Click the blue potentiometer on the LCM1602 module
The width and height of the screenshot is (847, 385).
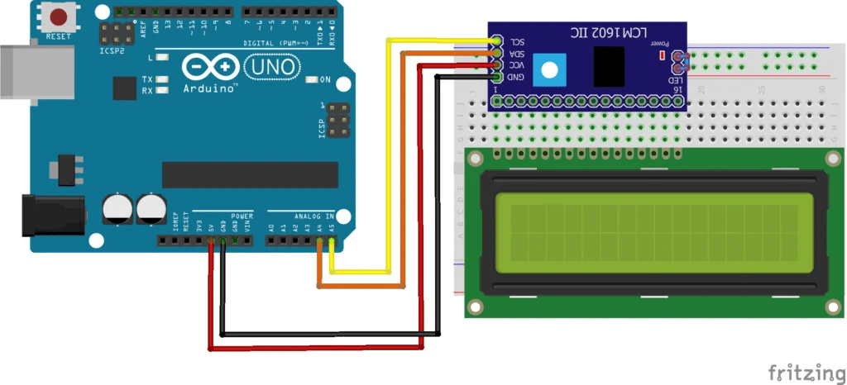(547, 69)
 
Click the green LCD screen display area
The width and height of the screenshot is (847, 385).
(646, 232)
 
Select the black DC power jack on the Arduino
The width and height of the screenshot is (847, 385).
(54, 215)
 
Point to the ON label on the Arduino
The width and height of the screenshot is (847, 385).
(325, 80)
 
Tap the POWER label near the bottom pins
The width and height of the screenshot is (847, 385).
(242, 215)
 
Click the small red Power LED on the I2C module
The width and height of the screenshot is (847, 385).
(661, 55)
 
